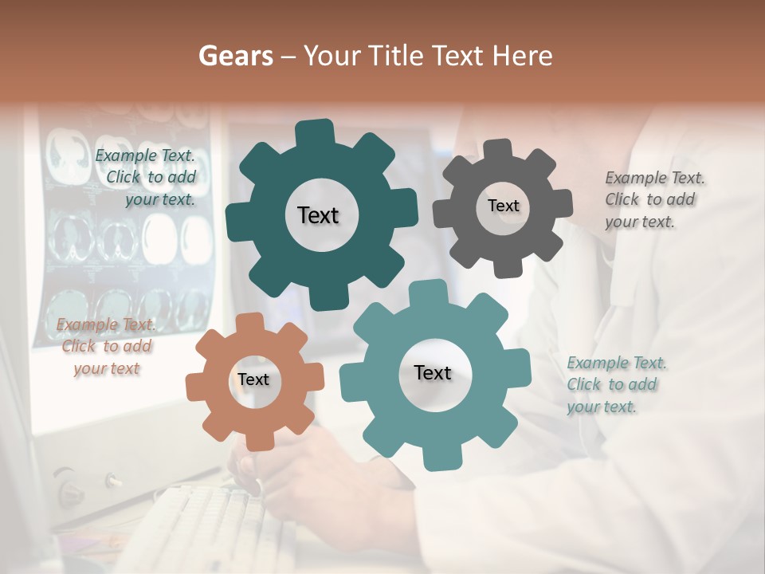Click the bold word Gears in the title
[x=235, y=56]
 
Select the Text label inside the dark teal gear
[x=318, y=215]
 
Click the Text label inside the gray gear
[x=503, y=206]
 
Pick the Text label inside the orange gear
[x=253, y=379]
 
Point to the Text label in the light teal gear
[x=433, y=372]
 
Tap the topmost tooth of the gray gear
[x=499, y=150]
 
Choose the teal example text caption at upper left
[x=147, y=178]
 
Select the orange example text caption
[x=106, y=346]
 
